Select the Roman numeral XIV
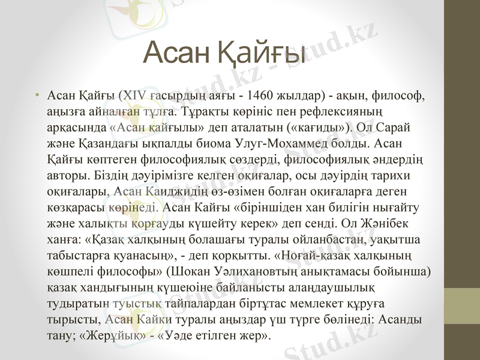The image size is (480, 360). point(136,96)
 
